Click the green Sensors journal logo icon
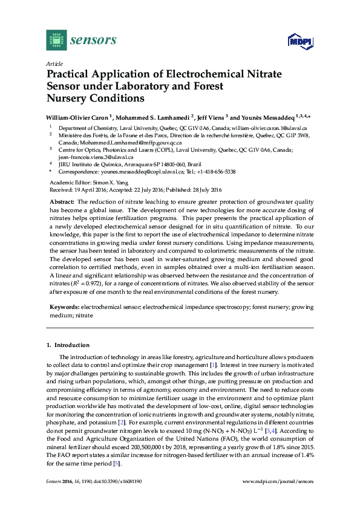click(56, 40)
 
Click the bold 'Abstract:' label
click(62, 201)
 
